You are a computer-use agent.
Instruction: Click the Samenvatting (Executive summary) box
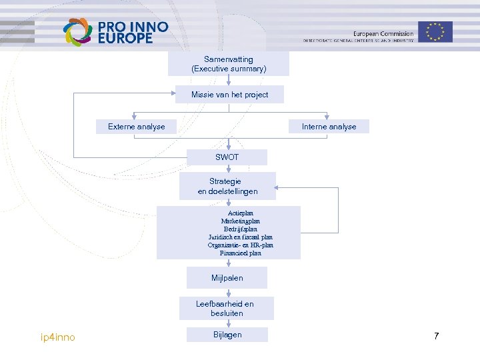[x=229, y=64]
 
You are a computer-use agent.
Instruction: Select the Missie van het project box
[x=229, y=95]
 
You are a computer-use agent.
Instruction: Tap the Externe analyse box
[x=137, y=127]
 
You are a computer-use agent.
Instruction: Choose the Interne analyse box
[x=329, y=127]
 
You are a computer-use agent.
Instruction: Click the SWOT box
[x=227, y=157]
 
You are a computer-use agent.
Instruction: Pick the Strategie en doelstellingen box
[x=227, y=186]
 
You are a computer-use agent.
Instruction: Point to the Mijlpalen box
[x=227, y=277]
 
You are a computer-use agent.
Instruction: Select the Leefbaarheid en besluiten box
[x=225, y=308]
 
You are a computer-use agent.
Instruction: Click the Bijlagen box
[x=227, y=335]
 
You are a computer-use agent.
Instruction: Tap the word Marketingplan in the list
[x=241, y=221]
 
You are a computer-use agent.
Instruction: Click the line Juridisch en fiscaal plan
[x=241, y=237]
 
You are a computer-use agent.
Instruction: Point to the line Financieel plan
[x=241, y=253]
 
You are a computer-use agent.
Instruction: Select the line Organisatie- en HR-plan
[x=241, y=245]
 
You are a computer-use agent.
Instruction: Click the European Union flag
[x=436, y=31]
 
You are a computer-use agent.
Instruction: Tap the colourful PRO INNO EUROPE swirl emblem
[x=77, y=31]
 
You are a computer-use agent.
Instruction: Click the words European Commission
[x=383, y=33]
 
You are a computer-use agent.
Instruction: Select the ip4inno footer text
[x=58, y=337]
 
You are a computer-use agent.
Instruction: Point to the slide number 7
[x=436, y=336]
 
